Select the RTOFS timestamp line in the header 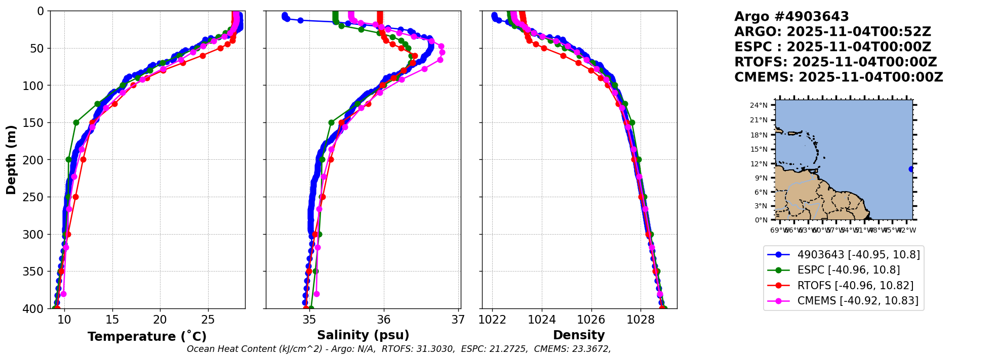coord(835,62)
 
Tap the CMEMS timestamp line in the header coord(839,77)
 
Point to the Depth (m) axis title coord(11,160)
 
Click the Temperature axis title coord(147,337)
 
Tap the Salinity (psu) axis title coord(363,335)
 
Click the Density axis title coord(579,335)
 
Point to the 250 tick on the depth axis coord(35,197)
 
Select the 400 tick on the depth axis coord(35,308)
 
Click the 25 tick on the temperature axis coord(208,320)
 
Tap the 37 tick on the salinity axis coord(458,320)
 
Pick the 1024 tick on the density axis coord(542,320)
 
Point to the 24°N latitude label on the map coord(759,105)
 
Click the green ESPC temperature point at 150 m coord(76,122)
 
